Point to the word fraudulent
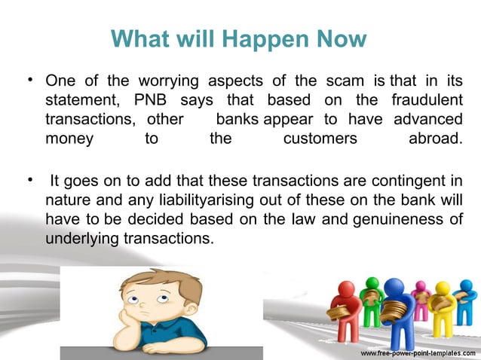coord(427,100)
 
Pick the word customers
coord(320,139)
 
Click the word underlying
coord(79,238)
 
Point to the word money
coord(69,139)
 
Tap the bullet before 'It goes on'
coord(28,181)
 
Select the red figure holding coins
coord(346,309)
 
